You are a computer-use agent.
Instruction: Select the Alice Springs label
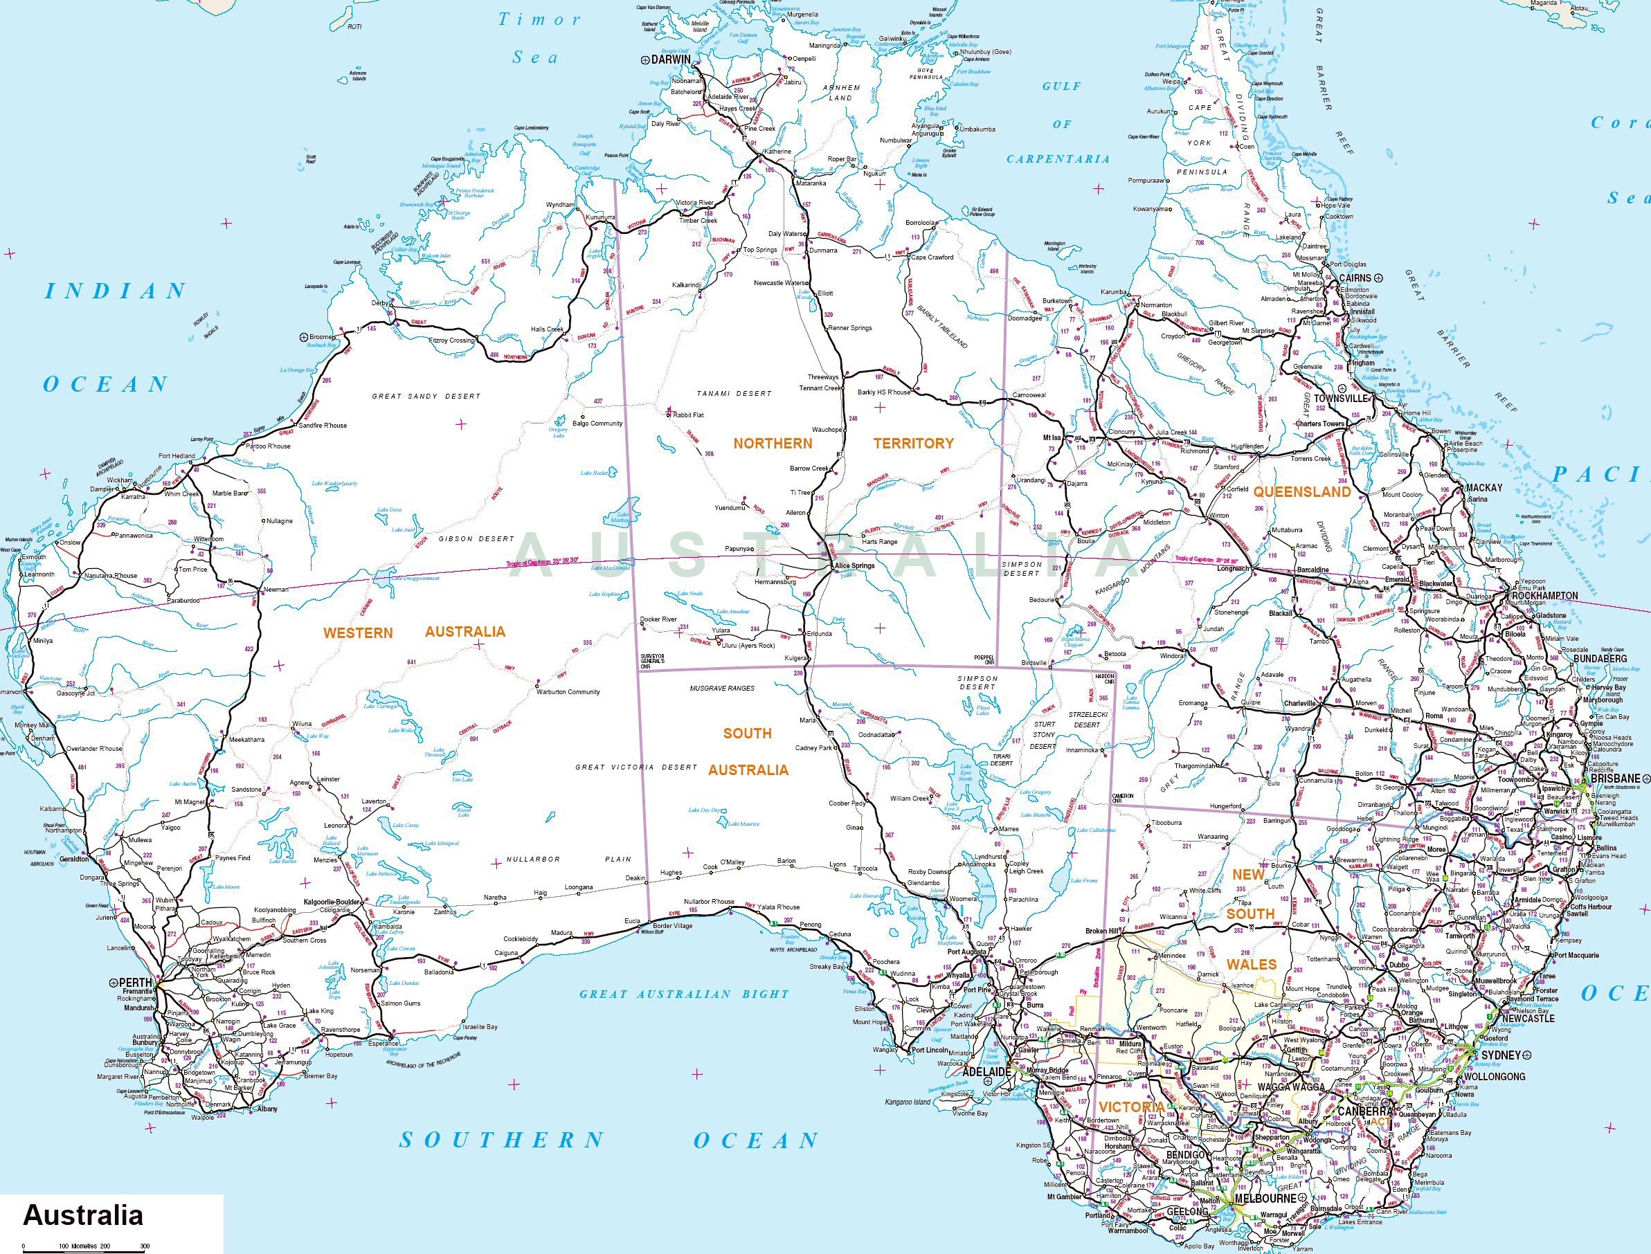click(x=854, y=566)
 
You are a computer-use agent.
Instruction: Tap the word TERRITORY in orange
click(x=913, y=443)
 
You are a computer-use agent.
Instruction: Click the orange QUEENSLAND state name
click(x=1301, y=492)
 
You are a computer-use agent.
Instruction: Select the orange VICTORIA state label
click(x=1130, y=1107)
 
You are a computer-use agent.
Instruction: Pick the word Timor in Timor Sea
click(x=539, y=19)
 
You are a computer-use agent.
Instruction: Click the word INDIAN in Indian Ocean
click(x=116, y=291)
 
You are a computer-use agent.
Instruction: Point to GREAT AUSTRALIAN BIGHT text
click(x=684, y=994)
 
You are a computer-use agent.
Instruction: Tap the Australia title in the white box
click(x=83, y=1215)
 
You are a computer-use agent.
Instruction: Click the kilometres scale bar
click(x=82, y=1248)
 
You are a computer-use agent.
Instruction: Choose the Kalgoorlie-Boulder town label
click(x=332, y=902)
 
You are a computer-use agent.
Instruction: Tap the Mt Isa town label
click(x=1052, y=437)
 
